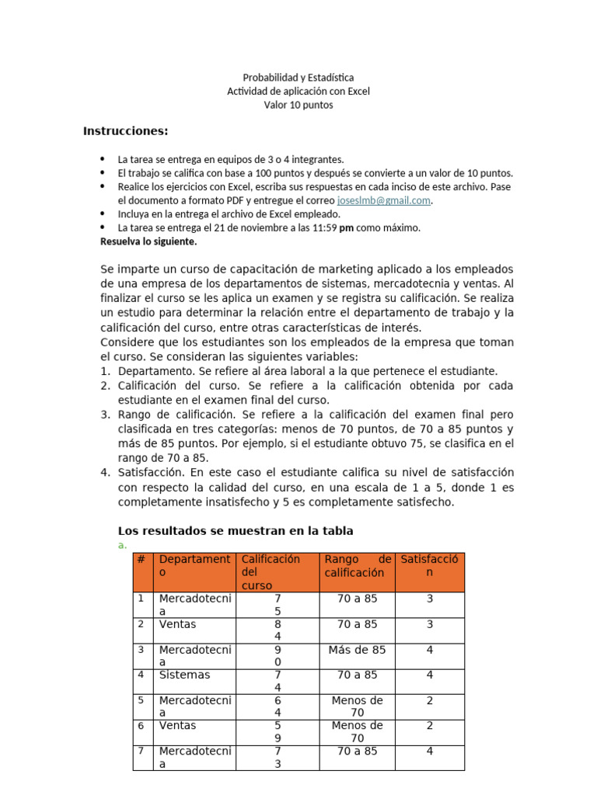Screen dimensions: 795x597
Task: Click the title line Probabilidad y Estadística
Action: [x=298, y=78]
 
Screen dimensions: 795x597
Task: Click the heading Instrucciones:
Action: [x=126, y=130]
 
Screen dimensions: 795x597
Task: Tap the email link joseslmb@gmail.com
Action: [x=384, y=200]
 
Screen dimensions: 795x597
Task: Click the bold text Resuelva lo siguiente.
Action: [x=148, y=241]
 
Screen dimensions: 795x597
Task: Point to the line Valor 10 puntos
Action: [x=298, y=105]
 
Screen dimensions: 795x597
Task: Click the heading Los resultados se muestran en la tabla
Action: [x=235, y=531]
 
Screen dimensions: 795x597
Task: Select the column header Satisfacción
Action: [x=429, y=566]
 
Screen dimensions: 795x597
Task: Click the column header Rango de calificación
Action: [x=357, y=566]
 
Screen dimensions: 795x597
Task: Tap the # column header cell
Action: [x=141, y=560]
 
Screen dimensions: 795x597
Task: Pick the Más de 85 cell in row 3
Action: [x=357, y=650]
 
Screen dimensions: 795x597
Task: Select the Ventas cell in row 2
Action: [x=177, y=624]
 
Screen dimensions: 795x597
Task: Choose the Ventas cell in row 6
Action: [x=177, y=726]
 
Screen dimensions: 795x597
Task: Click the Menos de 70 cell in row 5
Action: [x=357, y=706]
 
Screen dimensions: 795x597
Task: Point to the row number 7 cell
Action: [x=141, y=752]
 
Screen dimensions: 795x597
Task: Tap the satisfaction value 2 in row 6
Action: [x=429, y=726]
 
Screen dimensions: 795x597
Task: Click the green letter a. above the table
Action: [x=122, y=546]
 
